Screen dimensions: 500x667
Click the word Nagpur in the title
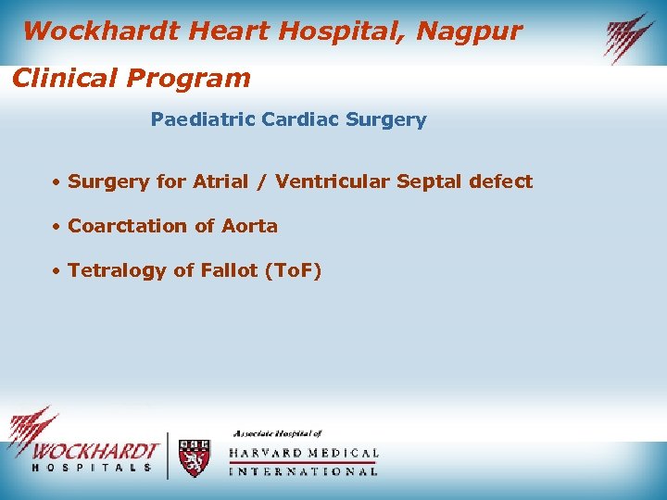point(469,32)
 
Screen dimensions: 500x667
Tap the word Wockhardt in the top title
point(101,32)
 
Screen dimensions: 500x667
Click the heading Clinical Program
point(131,78)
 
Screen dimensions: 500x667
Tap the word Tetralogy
point(117,271)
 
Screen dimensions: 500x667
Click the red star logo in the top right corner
point(629,37)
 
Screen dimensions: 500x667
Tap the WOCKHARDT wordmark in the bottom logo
point(95,451)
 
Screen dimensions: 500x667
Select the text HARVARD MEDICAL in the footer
point(304,454)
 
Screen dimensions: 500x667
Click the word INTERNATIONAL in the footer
point(304,471)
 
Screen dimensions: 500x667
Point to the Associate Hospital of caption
point(276,433)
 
